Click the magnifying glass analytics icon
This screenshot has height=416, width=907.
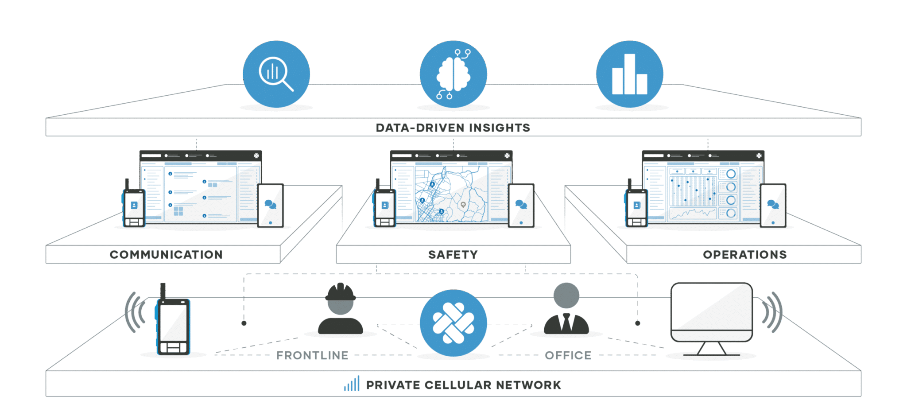[276, 74]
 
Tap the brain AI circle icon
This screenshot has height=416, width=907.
[453, 74]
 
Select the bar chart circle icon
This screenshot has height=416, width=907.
[629, 74]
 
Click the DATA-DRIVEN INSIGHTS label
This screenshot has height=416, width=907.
[453, 128]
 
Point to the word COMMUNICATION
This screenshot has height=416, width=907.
[166, 255]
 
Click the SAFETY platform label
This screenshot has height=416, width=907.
[453, 255]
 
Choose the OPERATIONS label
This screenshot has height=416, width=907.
[744, 255]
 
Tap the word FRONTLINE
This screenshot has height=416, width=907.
[312, 355]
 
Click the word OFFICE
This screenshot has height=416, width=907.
[568, 355]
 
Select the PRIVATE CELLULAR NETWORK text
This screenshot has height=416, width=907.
[463, 385]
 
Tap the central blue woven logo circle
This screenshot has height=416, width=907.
[453, 323]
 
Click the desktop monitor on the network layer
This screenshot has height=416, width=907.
[711, 315]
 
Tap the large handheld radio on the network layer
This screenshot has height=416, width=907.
[173, 323]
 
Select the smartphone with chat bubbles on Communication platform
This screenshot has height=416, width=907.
[270, 205]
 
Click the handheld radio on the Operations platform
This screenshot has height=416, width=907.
[636, 206]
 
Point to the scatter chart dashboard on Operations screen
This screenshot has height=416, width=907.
[693, 191]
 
